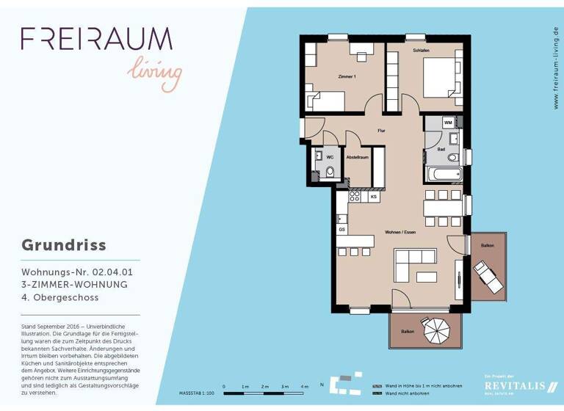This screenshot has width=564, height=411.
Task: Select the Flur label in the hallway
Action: pos(381,131)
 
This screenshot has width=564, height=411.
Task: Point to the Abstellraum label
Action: pos(357,157)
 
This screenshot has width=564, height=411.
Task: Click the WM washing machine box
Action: pos(447,123)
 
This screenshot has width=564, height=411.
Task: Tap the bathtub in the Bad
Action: pos(443,175)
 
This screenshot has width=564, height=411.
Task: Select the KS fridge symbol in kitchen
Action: pos(374,197)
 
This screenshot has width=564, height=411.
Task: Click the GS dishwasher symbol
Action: pos(342,230)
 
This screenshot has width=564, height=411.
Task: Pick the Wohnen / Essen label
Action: pos(399,232)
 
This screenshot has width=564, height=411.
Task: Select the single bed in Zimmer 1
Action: pos(327,101)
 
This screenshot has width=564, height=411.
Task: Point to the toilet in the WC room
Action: pos(330,172)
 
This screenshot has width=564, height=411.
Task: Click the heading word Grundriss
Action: pos(63,244)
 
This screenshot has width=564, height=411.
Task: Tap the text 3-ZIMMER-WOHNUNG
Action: pos(74,284)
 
